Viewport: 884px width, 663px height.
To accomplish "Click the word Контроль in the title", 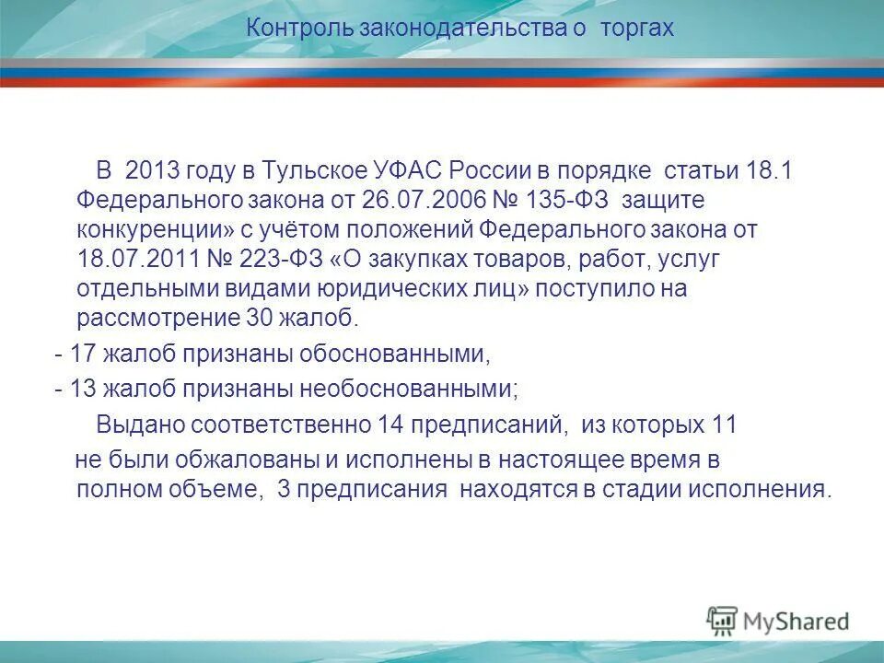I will point(288,29).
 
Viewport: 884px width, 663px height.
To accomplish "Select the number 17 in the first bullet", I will point(83,354).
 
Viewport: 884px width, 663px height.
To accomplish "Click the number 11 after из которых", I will point(725,424).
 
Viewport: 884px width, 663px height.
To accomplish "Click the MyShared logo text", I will point(797,621).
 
